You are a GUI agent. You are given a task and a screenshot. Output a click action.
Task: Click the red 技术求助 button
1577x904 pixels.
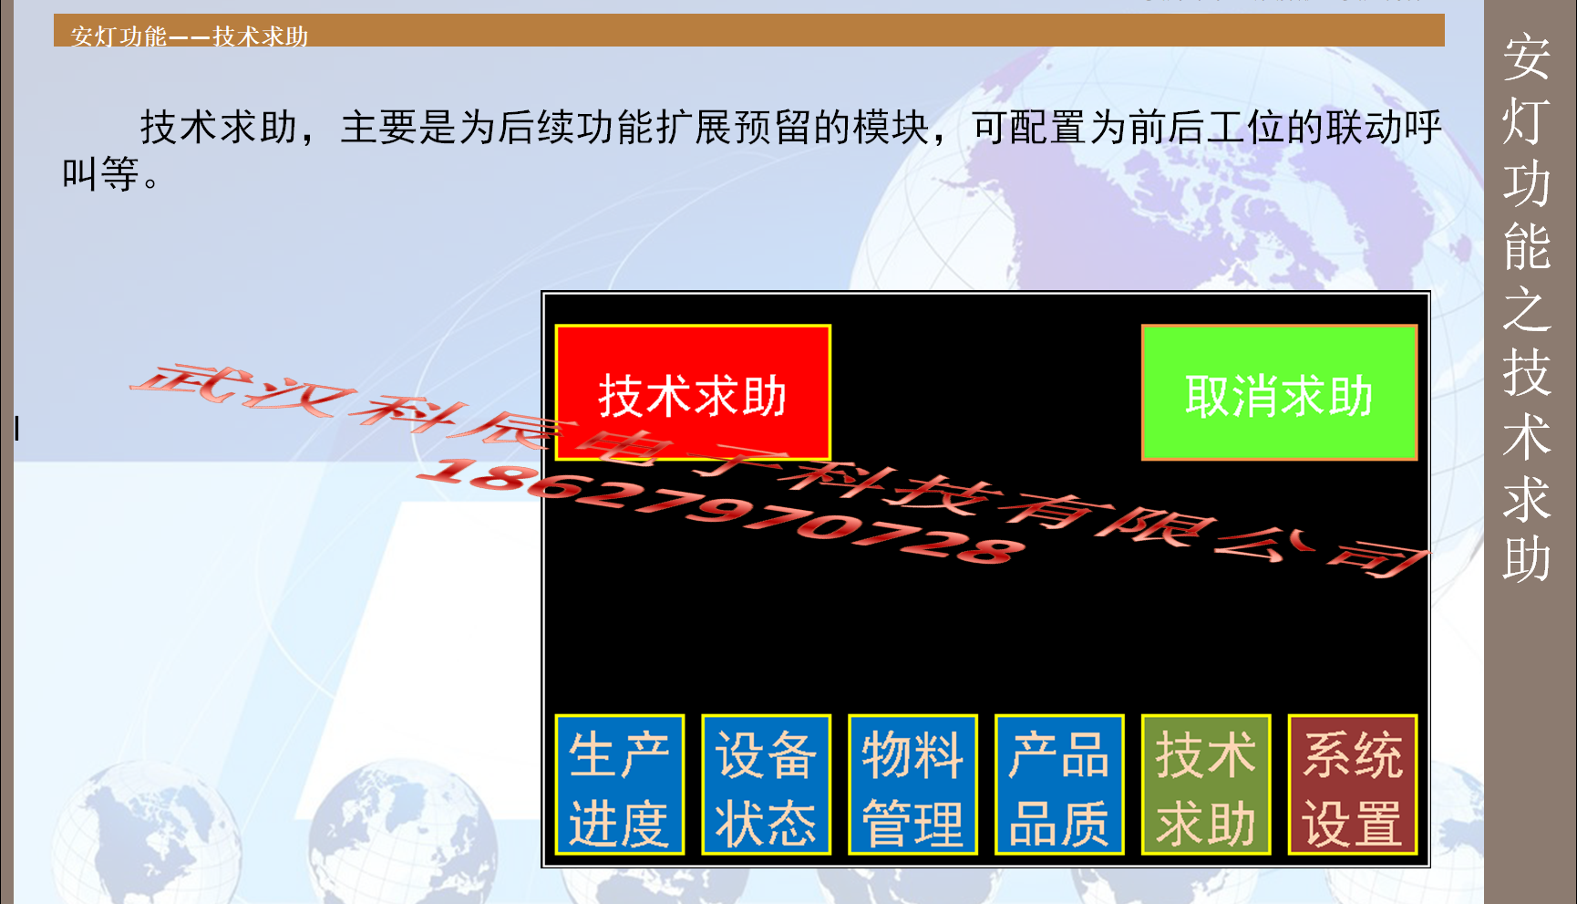tap(693, 392)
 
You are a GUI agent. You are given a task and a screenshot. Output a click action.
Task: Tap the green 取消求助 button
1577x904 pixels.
tap(1279, 392)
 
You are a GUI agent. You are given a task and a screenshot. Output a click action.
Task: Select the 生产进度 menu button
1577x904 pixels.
tap(620, 785)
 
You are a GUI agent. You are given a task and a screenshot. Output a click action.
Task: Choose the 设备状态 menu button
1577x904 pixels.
tap(766, 785)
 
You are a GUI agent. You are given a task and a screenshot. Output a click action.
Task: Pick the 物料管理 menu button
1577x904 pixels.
tap(912, 785)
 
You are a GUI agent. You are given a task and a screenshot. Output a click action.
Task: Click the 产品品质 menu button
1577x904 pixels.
tap(1059, 785)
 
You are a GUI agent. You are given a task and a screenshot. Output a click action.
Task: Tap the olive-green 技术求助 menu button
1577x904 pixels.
tap(1206, 785)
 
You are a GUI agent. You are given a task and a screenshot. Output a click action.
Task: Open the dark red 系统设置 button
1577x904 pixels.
tap(1353, 785)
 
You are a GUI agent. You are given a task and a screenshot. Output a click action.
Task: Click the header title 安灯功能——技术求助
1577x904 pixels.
tap(190, 36)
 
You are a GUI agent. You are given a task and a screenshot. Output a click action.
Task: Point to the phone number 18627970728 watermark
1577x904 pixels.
tap(720, 511)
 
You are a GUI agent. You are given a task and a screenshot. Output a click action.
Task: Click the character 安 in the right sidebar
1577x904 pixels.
tap(1527, 57)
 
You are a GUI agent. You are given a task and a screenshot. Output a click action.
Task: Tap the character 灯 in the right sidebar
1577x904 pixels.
tap(1527, 120)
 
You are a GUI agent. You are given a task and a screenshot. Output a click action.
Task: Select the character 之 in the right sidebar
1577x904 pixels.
tap(1527, 310)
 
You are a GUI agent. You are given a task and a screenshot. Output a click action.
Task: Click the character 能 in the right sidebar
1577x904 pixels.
tap(1527, 246)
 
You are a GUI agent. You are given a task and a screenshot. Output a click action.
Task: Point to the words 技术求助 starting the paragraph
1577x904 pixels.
tap(219, 127)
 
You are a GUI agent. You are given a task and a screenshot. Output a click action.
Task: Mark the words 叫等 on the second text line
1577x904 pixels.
tap(100, 173)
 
